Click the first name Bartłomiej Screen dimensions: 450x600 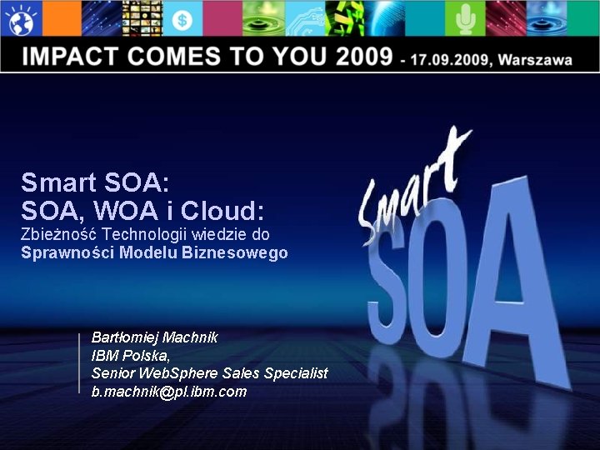pyautogui.click(x=125, y=337)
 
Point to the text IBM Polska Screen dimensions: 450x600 pyautogui.click(x=130, y=355)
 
